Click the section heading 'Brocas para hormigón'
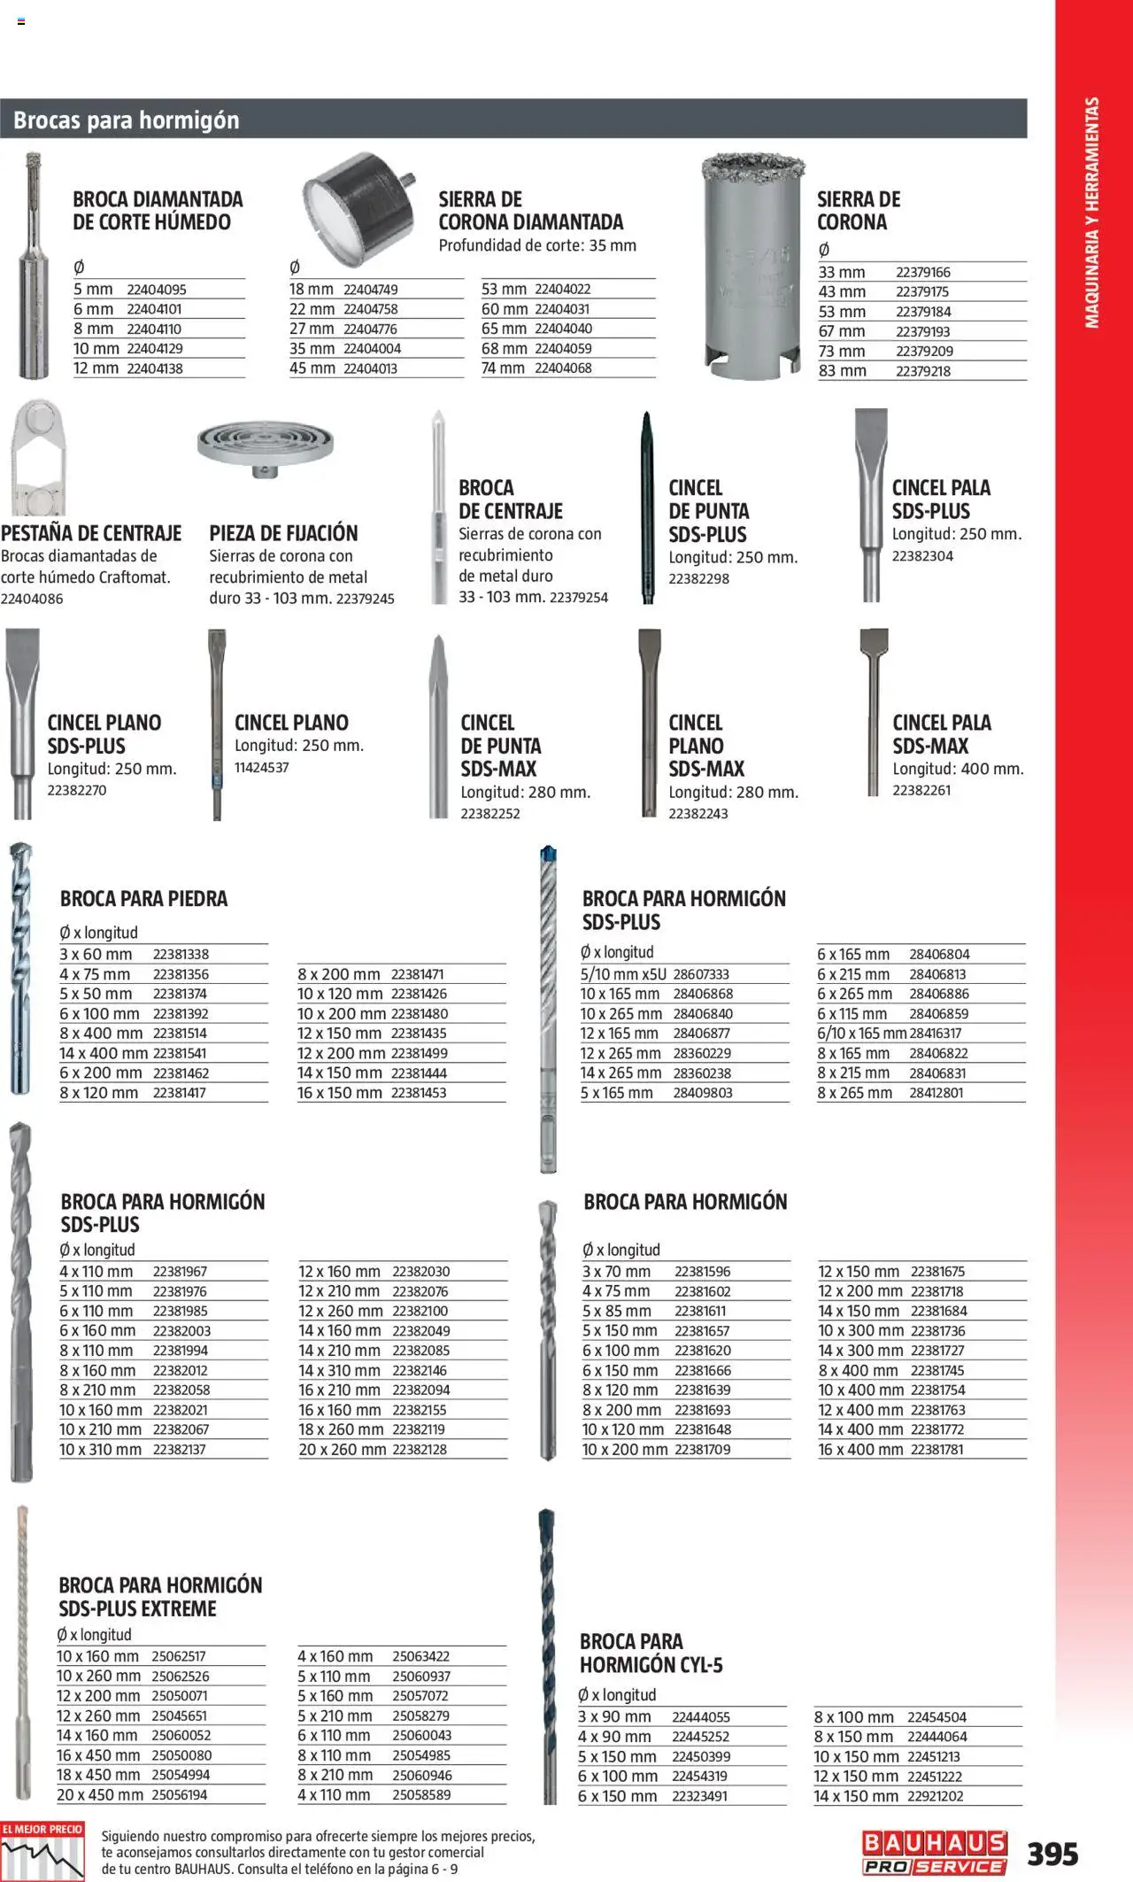[127, 120]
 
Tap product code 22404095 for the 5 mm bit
[156, 290]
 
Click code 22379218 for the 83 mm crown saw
[922, 371]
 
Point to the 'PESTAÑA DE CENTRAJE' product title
[91, 533]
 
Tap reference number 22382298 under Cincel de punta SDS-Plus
[698, 579]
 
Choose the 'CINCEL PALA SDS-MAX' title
[941, 734]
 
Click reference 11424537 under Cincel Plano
[261, 768]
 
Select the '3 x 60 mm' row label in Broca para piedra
[96, 954]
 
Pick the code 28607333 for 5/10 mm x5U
[701, 974]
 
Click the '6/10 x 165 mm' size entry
[861, 1034]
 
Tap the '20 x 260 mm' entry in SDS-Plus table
[342, 1450]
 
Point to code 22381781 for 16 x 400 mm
[937, 1450]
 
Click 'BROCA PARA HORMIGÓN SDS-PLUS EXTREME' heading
[160, 1597]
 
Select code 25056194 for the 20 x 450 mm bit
[180, 1795]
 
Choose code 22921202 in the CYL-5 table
[936, 1796]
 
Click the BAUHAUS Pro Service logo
[935, 1853]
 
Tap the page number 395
[1052, 1854]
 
